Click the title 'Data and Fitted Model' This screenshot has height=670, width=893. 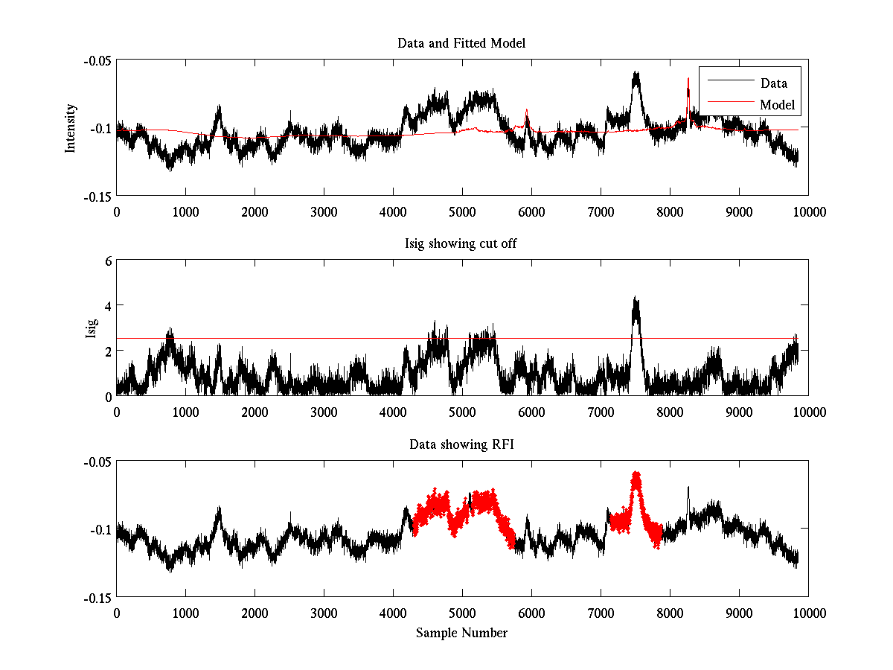[461, 43]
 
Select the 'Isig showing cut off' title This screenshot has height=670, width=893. [461, 244]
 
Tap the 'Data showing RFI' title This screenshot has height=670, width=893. [461, 444]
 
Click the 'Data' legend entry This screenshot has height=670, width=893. [773, 83]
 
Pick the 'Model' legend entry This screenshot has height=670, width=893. [777, 105]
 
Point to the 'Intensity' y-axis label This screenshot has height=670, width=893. [71, 128]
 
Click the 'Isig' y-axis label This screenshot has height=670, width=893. [92, 328]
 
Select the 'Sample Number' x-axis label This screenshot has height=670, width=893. [461, 633]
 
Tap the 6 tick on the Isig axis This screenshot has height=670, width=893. [108, 261]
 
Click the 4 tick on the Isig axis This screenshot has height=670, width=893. [108, 306]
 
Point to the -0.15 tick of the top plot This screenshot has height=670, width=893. [97, 196]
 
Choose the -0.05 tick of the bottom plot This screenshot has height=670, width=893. [97, 462]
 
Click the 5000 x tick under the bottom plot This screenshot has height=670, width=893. [462, 613]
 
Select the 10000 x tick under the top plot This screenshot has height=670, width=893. [808, 211]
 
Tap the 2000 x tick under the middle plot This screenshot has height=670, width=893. [255, 412]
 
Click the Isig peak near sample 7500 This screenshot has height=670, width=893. [635, 299]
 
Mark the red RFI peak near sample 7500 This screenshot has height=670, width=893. [636, 473]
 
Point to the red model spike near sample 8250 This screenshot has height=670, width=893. [688, 79]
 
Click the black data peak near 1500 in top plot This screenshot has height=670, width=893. [219, 107]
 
